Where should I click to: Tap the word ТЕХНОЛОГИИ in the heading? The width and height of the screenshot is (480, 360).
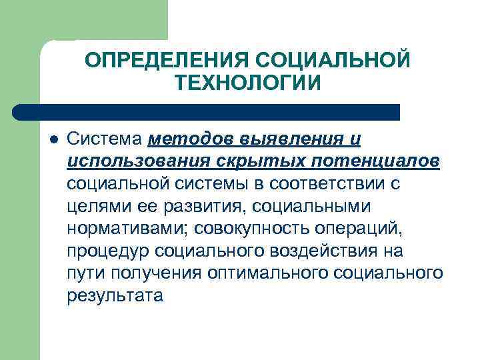pos(248,84)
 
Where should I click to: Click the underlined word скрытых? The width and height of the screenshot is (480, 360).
pos(241,163)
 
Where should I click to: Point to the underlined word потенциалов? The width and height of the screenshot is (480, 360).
pos(363,163)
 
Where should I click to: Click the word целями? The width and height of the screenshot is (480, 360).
pos(94,207)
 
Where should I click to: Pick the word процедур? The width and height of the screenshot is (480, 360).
pos(108,251)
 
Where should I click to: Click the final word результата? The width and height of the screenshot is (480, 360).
pos(115,295)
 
